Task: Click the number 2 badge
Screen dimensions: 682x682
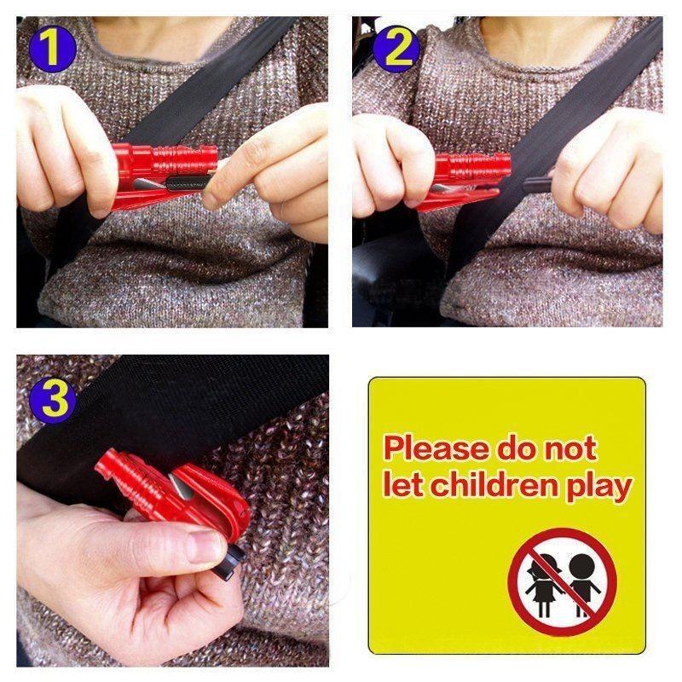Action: coord(394,49)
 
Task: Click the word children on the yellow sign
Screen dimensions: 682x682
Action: coord(496,487)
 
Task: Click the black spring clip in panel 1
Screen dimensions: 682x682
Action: coord(183,180)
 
